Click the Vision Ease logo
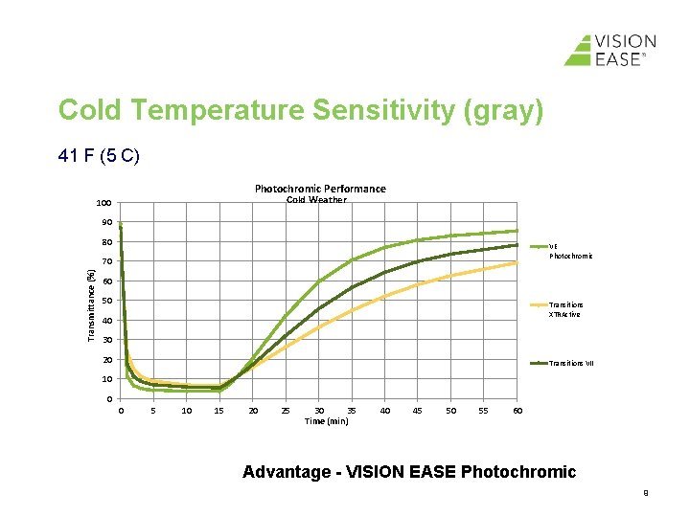tap(609, 50)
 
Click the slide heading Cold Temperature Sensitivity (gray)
tap(301, 110)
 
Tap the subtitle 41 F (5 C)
tap(99, 154)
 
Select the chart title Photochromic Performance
tap(320, 189)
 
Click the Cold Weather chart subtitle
tap(316, 200)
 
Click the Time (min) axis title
tap(326, 421)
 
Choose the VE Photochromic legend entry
tap(569, 251)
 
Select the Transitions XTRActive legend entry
tap(564, 309)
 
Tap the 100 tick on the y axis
tap(103, 203)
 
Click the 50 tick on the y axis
tap(107, 302)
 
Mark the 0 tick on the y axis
tap(110, 399)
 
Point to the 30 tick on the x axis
tap(319, 411)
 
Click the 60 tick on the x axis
tap(517, 411)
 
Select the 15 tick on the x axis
tap(219, 411)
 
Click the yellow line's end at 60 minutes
tap(517, 262)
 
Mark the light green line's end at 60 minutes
tap(517, 231)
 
